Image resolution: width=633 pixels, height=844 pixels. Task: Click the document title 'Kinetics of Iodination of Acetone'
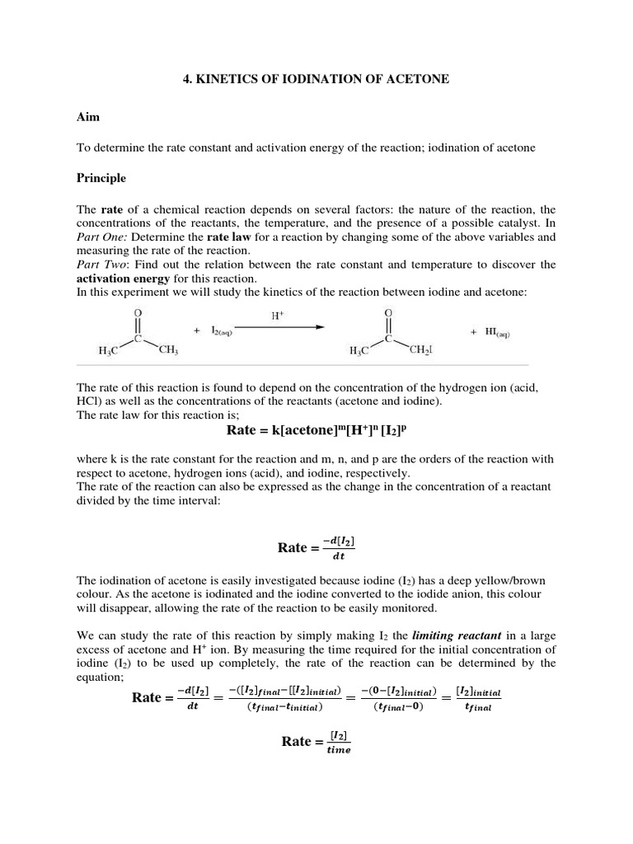point(316,77)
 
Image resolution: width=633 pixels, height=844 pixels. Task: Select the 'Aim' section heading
point(88,117)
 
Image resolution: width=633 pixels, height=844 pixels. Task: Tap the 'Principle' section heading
point(101,177)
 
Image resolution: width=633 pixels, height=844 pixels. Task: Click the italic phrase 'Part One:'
point(101,237)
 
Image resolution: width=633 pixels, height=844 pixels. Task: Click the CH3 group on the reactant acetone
point(168,351)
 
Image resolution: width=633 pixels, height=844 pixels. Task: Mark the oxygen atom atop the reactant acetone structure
point(138,313)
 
